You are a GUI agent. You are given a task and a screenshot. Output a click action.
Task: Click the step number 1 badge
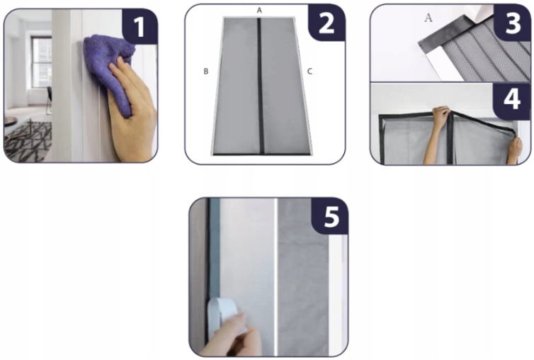click(x=140, y=27)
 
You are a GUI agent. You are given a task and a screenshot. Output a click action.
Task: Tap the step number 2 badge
click(x=326, y=23)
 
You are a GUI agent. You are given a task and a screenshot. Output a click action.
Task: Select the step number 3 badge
click(x=512, y=23)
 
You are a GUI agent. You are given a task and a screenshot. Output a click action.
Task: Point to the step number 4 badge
click(x=512, y=100)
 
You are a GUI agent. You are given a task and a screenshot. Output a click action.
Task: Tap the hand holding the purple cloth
click(x=133, y=109)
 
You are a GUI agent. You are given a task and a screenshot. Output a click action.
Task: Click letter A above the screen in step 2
click(x=259, y=11)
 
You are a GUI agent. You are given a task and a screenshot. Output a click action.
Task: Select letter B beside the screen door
click(x=205, y=72)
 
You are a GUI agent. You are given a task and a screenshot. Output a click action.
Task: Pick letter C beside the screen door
click(x=309, y=72)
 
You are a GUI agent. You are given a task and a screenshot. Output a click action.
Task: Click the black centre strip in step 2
click(x=260, y=86)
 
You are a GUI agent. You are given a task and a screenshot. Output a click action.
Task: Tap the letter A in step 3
click(x=428, y=18)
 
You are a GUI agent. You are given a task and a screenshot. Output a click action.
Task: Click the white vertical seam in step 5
click(x=276, y=277)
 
